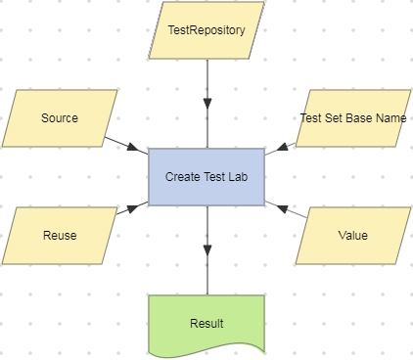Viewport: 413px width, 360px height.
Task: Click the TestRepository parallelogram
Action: pos(206,30)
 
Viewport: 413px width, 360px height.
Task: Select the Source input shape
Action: pos(60,118)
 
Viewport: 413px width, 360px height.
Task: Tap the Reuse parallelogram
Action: pos(60,236)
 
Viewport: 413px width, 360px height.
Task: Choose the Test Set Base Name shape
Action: pos(352,118)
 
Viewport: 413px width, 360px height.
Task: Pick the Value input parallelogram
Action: pos(352,236)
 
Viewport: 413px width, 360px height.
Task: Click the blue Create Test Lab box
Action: pos(206,177)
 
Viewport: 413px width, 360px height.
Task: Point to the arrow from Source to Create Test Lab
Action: pos(125,143)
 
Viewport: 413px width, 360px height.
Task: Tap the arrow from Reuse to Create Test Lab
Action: pos(128,209)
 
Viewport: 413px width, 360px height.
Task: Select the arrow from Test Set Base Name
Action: pos(280,148)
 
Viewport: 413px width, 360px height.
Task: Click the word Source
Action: pos(60,118)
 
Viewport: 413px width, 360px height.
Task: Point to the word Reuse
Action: pos(60,236)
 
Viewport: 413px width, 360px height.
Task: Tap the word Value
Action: pos(352,236)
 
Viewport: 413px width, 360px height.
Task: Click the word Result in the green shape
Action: pos(206,323)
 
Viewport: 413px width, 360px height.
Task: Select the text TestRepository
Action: pos(206,30)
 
